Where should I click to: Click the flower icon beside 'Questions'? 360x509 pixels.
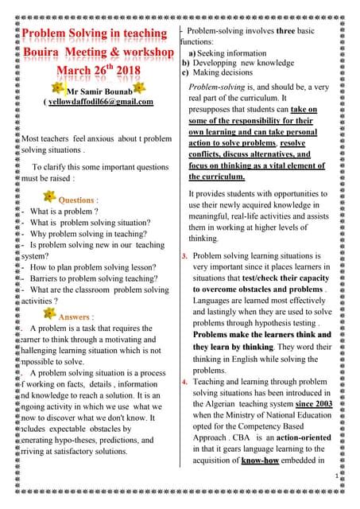point(48,198)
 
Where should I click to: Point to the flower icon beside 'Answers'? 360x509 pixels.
point(48,316)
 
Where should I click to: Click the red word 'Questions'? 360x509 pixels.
point(77,200)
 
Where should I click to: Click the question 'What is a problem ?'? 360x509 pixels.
point(64,212)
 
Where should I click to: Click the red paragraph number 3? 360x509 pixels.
point(184,256)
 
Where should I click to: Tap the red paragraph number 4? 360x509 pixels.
point(184,383)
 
